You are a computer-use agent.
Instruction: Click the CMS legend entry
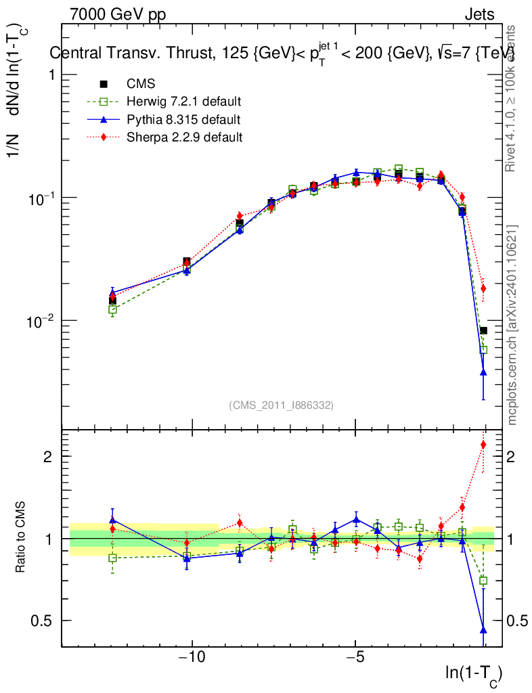point(141,84)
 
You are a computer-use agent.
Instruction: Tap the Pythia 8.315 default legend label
point(183,120)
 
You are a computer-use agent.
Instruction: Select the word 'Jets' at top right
point(479,14)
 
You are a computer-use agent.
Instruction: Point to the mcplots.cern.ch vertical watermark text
point(512,325)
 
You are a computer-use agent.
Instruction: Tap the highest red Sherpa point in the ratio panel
point(483,445)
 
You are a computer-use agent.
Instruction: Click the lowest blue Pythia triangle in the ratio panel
point(483,629)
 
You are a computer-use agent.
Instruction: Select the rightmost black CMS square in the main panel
point(483,330)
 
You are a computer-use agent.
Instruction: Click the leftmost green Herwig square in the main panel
point(112,309)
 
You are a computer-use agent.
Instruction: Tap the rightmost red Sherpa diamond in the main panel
point(483,288)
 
